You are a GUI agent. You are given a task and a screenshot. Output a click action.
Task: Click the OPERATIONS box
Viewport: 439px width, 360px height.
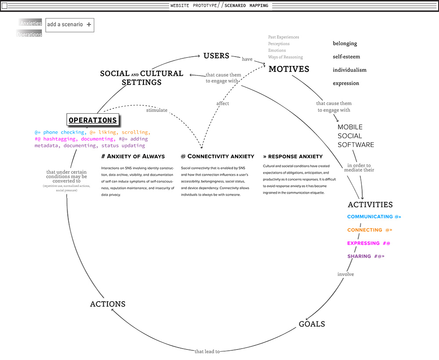coord(93,120)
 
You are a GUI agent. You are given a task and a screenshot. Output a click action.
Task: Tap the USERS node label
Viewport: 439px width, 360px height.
coord(216,56)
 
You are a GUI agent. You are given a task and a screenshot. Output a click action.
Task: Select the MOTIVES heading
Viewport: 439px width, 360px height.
coord(289,69)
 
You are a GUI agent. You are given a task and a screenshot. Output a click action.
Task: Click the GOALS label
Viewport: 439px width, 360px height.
coord(312,324)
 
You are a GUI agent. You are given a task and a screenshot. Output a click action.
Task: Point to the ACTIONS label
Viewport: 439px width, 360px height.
coord(108,304)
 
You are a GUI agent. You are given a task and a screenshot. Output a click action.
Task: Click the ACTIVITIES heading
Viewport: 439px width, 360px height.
coord(370,205)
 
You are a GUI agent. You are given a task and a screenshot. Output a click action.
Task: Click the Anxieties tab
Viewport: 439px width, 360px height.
coord(31,23)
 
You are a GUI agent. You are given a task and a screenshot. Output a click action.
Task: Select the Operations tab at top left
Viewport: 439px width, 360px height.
coord(29,34)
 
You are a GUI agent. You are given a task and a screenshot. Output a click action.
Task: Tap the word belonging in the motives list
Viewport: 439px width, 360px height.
coord(345,43)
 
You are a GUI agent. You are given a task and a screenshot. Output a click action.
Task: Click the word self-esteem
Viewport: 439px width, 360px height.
coord(346,57)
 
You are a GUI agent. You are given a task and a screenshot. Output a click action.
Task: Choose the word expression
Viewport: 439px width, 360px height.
coord(346,83)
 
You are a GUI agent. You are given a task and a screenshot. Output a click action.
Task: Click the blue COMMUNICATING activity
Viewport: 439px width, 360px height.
coord(370,217)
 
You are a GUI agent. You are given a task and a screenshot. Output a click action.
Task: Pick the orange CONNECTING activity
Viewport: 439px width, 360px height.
coord(365,230)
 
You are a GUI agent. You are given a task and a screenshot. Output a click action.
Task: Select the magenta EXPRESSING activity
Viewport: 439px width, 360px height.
coord(363,243)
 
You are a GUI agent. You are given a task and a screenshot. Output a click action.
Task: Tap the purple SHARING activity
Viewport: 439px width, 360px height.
coord(359,256)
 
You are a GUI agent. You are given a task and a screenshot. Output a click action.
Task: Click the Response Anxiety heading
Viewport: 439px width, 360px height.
coord(293,156)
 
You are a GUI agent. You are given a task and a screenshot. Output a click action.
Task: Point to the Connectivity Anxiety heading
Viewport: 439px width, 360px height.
coord(217,156)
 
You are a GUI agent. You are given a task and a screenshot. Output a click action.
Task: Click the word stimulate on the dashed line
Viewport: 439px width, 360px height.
coord(157,110)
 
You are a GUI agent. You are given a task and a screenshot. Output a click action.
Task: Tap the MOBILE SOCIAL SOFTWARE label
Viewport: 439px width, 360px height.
coord(356,136)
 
